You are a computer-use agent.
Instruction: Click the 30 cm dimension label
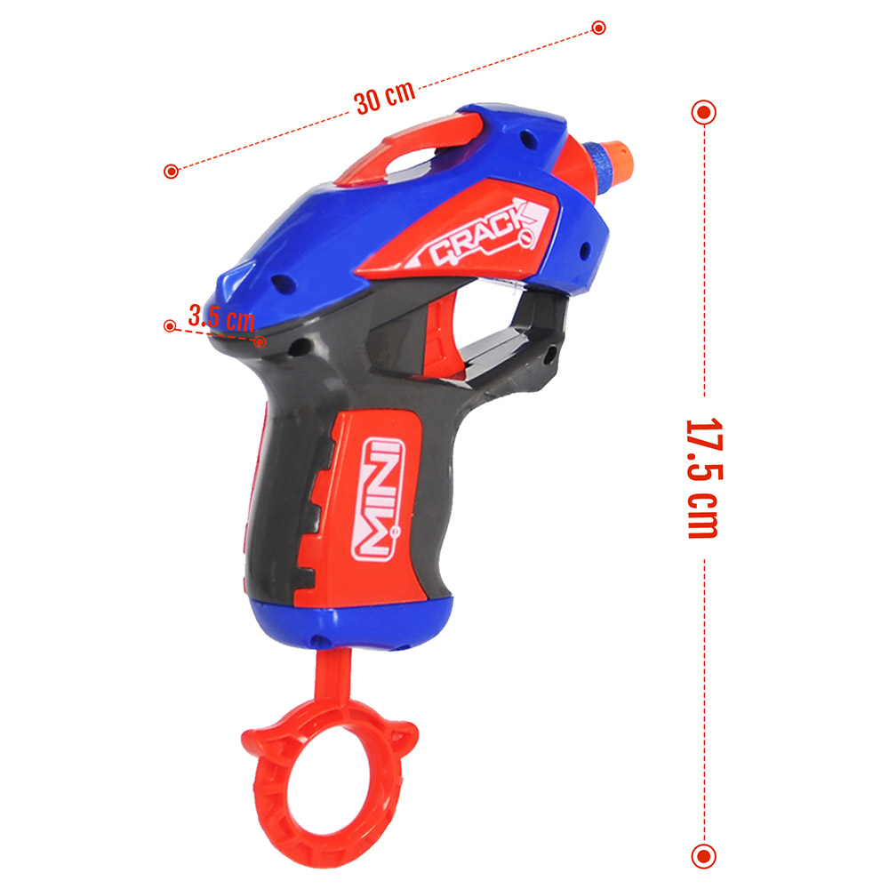[385, 98]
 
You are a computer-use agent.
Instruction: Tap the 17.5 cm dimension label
[703, 478]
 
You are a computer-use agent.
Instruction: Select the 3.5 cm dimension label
[221, 317]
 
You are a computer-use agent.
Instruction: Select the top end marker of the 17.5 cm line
[703, 112]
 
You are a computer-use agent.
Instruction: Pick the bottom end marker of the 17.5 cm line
[703, 855]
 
